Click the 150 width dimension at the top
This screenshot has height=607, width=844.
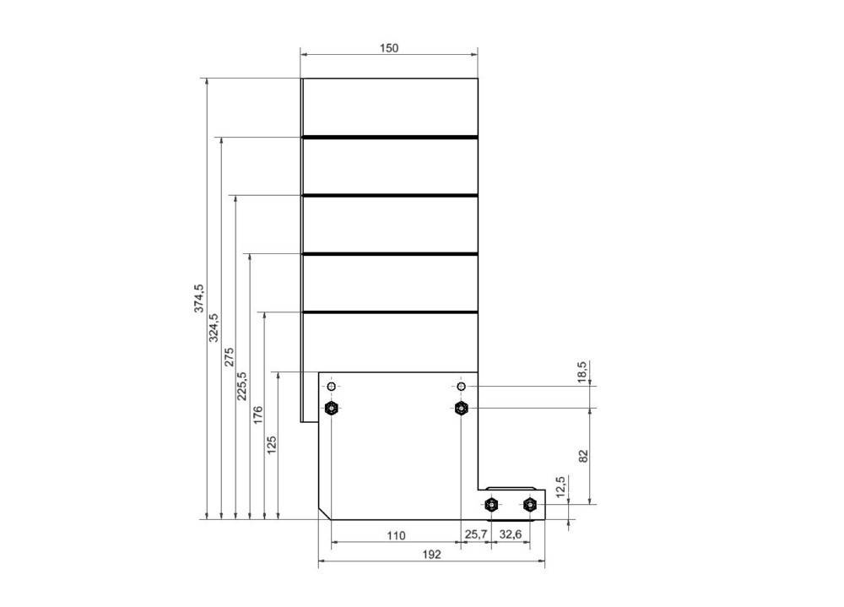pyautogui.click(x=388, y=48)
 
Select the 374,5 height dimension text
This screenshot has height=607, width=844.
pyautogui.click(x=199, y=299)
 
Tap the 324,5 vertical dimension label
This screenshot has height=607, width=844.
pyautogui.click(x=214, y=328)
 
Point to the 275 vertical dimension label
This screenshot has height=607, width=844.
pyautogui.click(x=229, y=357)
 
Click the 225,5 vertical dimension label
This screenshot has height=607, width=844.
pyautogui.click(x=243, y=386)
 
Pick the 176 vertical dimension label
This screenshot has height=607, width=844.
pyautogui.click(x=258, y=415)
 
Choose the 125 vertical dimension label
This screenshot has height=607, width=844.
pyautogui.click(x=272, y=445)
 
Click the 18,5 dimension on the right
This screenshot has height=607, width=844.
pyautogui.click(x=582, y=372)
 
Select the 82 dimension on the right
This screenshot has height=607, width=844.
pyautogui.click(x=582, y=456)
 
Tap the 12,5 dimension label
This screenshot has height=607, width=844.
pyautogui.click(x=560, y=486)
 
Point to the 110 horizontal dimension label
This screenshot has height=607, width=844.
pyautogui.click(x=395, y=535)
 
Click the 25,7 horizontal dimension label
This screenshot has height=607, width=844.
pyautogui.click(x=476, y=535)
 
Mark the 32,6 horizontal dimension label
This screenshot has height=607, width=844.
pyautogui.click(x=510, y=535)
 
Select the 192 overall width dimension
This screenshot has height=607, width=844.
pyautogui.click(x=431, y=555)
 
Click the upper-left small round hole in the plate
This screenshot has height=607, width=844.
pyautogui.click(x=332, y=387)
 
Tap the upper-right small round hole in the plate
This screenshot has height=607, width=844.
pyautogui.click(x=461, y=387)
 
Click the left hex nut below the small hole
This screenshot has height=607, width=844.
pyautogui.click(x=332, y=409)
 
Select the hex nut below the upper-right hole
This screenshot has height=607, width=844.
pyautogui.click(x=461, y=409)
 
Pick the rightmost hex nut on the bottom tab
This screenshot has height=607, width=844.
pyautogui.click(x=529, y=505)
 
